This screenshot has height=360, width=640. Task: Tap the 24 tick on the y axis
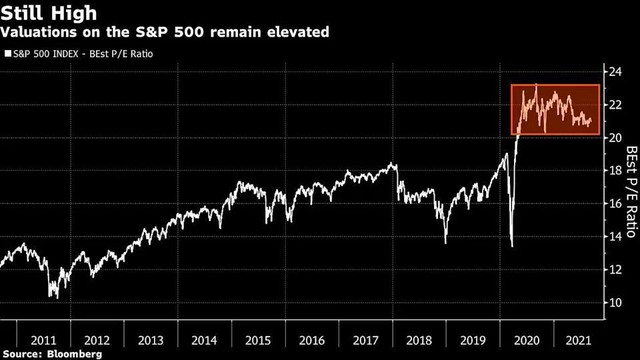(x=607, y=72)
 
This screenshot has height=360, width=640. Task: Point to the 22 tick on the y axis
(x=607, y=105)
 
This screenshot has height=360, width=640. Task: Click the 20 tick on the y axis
(x=607, y=138)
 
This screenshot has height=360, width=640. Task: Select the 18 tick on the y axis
(x=607, y=171)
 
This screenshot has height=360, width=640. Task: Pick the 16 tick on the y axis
(x=607, y=204)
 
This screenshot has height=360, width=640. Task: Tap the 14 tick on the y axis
(x=607, y=237)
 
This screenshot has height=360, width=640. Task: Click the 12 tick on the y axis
(x=607, y=270)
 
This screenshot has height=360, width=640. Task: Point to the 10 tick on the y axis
(x=607, y=303)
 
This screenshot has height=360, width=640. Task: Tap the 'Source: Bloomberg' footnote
(x=46, y=353)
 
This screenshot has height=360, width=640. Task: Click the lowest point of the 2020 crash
(x=511, y=246)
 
